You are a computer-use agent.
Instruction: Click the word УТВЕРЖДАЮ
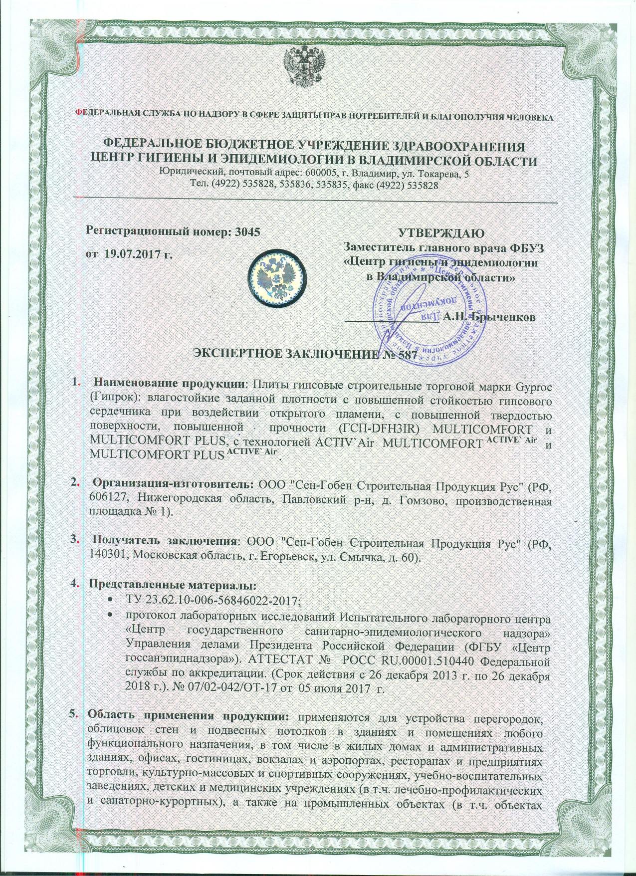440,233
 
